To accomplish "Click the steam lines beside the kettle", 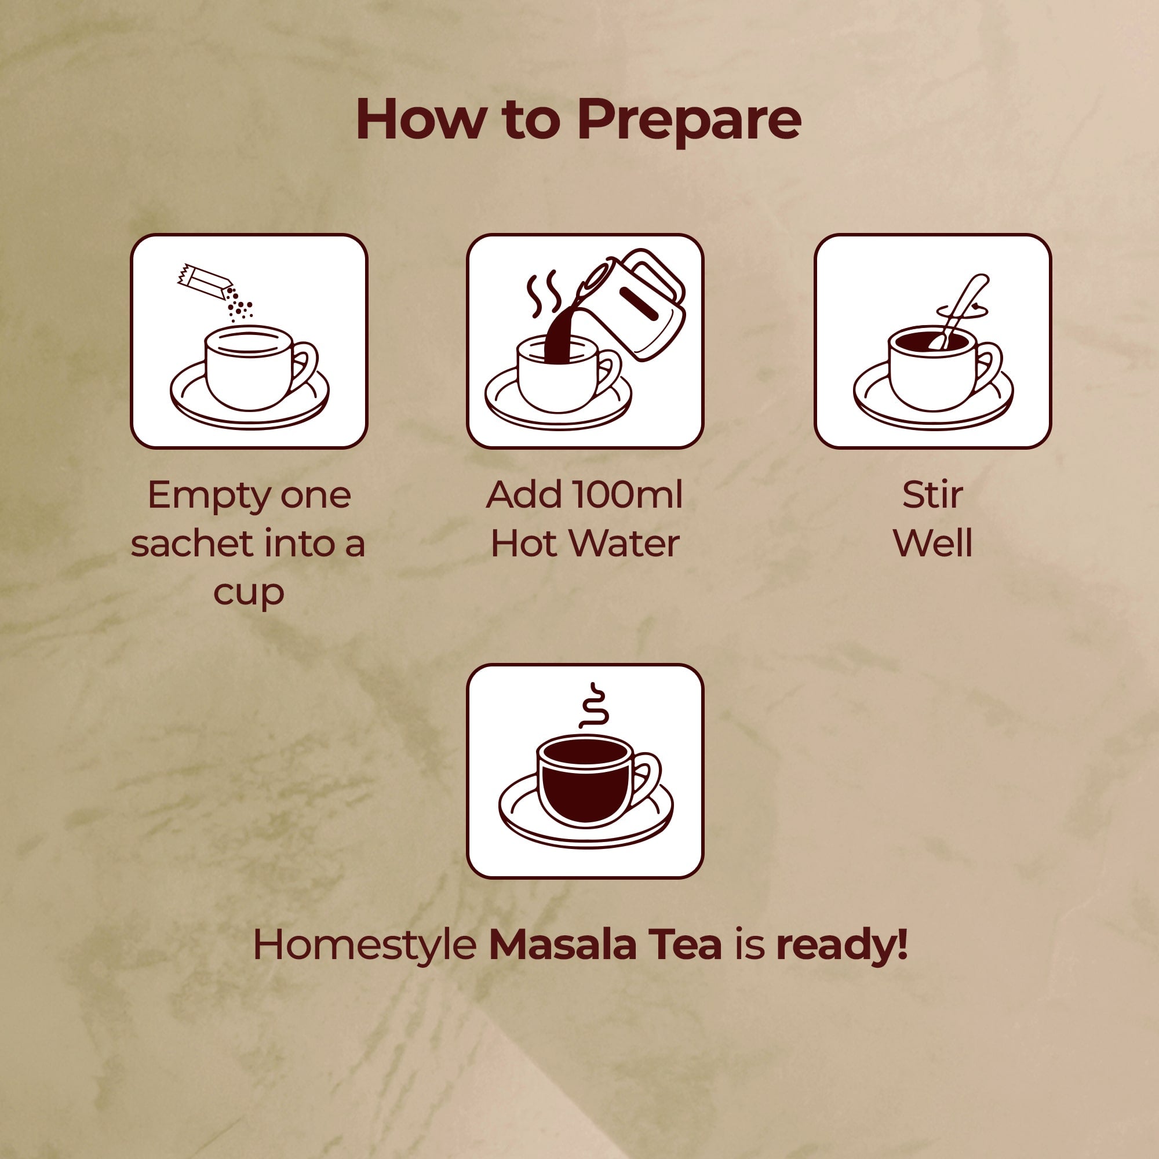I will pyautogui.click(x=543, y=294).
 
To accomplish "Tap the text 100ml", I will pyautogui.click(x=627, y=495).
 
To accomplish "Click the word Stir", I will pyautogui.click(x=932, y=495).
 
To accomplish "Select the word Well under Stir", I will pyautogui.click(x=932, y=543).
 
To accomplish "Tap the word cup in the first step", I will pyautogui.click(x=249, y=592).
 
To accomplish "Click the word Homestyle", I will pyautogui.click(x=364, y=945).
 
